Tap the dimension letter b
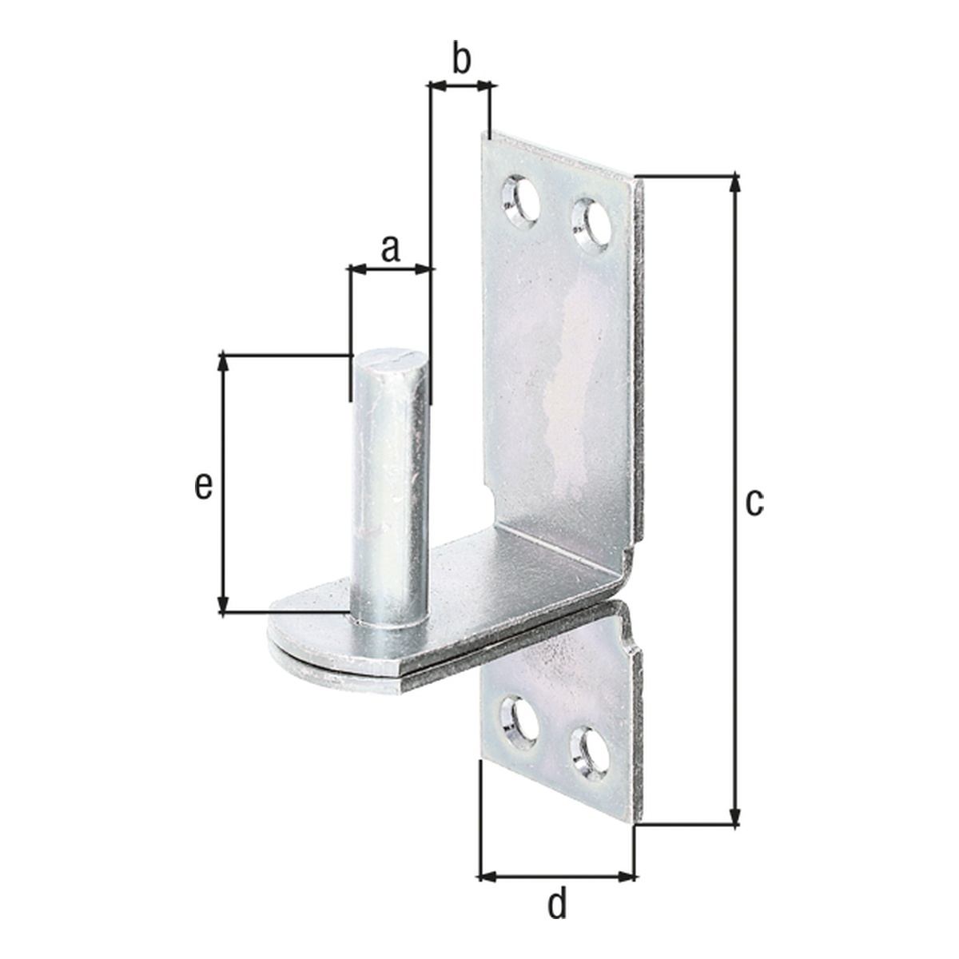pos(461,60)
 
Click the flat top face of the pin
pos(391,361)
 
